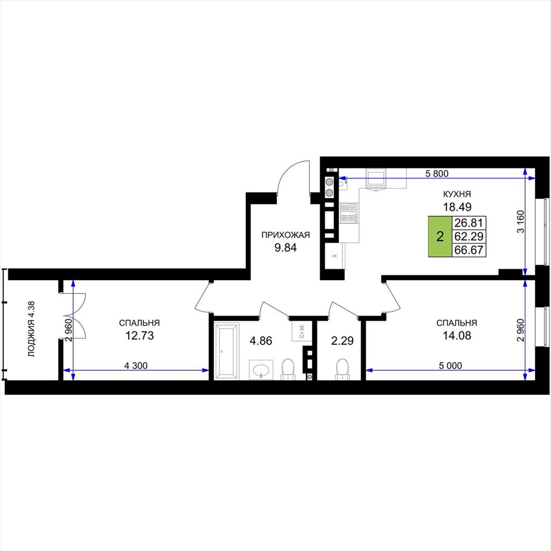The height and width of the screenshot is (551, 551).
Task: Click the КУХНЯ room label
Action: coord(457,194)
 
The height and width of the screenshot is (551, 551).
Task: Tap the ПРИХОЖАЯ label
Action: coord(285,235)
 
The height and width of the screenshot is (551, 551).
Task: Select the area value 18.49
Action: coord(457,207)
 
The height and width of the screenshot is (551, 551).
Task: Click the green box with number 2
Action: coord(440,237)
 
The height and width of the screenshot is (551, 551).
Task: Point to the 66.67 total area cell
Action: coord(469,250)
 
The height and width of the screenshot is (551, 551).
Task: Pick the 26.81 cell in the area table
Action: coord(469,223)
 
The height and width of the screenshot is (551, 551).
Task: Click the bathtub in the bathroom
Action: coord(227,351)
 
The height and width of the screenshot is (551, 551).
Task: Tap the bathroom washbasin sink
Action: coord(261,370)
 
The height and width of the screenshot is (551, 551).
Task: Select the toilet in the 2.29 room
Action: coord(342,369)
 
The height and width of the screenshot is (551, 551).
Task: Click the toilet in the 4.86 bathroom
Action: coord(288,369)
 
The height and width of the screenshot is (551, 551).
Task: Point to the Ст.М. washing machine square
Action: coord(302,331)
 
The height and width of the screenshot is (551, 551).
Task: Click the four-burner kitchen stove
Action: coord(349,213)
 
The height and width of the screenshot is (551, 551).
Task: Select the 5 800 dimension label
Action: coord(437,173)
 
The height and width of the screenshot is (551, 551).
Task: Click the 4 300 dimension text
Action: coord(136,365)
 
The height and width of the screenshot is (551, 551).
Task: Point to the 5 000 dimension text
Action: coord(450,365)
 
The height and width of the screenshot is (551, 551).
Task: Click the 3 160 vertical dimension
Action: coord(520,221)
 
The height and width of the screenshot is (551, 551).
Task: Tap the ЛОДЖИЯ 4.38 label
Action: coord(32,329)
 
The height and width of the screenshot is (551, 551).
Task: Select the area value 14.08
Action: coord(457,336)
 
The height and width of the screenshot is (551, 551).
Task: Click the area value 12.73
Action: coord(139,336)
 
